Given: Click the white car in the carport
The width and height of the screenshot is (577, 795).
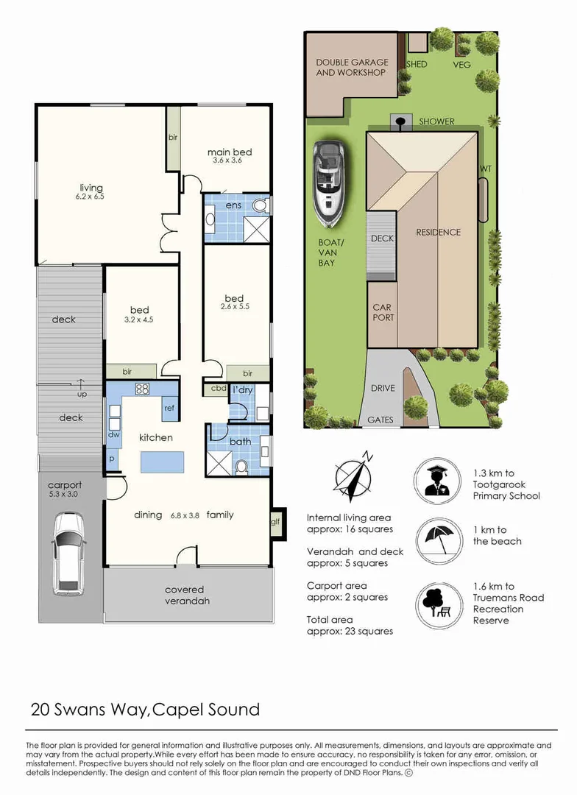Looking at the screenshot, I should click(68, 552).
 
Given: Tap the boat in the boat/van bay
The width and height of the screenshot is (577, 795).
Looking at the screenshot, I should click(329, 183).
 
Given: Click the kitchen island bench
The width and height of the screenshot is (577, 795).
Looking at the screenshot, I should click(162, 462).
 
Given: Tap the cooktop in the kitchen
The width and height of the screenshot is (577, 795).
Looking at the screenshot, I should click(142, 389).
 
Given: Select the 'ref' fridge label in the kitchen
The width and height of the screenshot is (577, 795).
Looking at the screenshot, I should click(169, 407).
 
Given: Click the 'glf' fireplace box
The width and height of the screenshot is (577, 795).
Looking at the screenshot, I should click(275, 522).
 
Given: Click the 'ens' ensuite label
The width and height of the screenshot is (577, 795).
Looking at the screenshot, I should click(234, 205).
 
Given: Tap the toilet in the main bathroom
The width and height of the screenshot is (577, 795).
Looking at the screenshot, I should click(241, 465).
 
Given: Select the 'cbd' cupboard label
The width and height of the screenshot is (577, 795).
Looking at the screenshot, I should click(218, 388).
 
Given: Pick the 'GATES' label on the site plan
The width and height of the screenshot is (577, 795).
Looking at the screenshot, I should click(380, 420).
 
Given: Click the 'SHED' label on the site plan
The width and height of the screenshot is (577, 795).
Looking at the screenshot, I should click(417, 64).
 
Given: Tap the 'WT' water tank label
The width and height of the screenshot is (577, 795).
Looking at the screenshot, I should click(485, 169).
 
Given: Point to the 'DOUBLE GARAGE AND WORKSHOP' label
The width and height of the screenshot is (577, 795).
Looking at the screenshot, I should click(351, 68).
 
